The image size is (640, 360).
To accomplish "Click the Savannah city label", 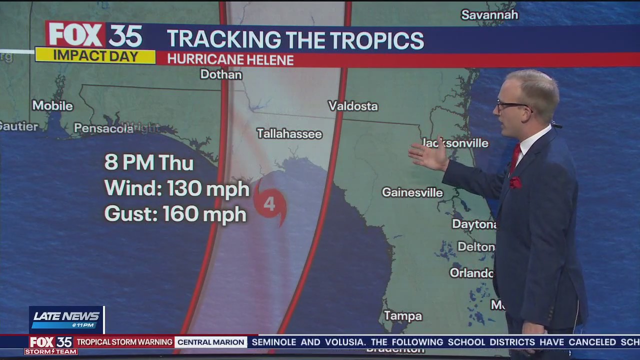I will tap(489, 15).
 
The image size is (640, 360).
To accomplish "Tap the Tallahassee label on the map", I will tap(289, 133).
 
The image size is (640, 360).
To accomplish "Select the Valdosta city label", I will tap(352, 106).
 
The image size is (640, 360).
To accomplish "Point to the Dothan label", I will tap(221, 74).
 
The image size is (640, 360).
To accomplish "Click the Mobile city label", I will tap(52, 106).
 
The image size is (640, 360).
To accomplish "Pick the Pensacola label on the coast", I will tap(103, 128).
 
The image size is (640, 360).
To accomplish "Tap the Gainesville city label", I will tap(412, 192).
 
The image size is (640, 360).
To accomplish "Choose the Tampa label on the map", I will tap(402, 316).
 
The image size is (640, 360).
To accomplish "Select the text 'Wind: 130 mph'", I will tap(176, 189).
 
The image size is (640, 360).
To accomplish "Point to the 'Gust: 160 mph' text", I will tap(175, 214).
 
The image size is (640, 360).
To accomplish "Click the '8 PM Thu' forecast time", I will tap(148, 163).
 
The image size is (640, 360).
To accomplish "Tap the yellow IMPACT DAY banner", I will tap(95, 55).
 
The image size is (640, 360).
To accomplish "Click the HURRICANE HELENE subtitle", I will tap(230, 59).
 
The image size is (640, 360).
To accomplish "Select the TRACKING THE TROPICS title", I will tap(295, 39).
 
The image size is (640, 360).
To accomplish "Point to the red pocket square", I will tap(515, 182).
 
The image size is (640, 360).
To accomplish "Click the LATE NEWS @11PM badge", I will tap(66, 319).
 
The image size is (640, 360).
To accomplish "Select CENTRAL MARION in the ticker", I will tap(211, 342).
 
